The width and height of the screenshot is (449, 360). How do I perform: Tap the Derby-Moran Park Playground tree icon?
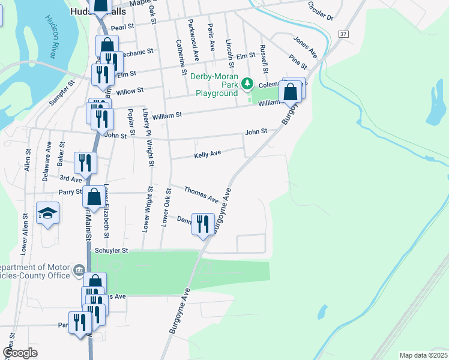point(246,83)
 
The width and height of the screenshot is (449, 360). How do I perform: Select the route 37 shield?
point(343,34)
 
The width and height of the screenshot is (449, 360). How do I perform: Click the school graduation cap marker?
point(47,214)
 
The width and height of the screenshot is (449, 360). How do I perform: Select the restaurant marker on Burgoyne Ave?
point(203,224)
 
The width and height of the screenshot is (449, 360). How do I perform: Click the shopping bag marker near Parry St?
point(94,196)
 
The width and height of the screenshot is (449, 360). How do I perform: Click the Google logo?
point(20,353)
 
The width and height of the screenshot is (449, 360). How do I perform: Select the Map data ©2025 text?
point(423,355)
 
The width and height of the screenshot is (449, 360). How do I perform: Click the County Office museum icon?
point(79,272)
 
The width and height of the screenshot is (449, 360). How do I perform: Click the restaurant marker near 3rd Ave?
point(85,162)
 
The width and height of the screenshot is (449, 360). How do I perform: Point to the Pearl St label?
point(122,28)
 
